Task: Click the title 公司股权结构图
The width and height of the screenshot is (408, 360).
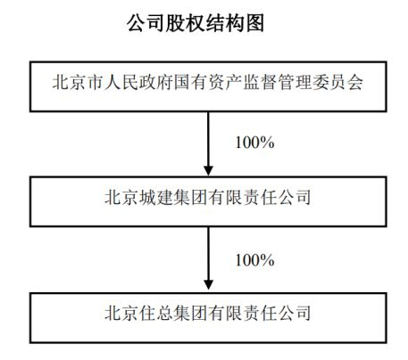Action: point(196,23)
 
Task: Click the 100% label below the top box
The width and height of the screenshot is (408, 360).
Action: point(254,143)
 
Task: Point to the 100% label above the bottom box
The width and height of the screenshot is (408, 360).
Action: point(254,260)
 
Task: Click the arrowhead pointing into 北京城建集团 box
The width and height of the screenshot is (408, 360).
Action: point(208,171)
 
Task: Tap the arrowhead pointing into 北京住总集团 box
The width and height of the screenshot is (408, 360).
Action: point(208,285)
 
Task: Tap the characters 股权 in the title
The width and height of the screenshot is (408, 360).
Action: point(180,23)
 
